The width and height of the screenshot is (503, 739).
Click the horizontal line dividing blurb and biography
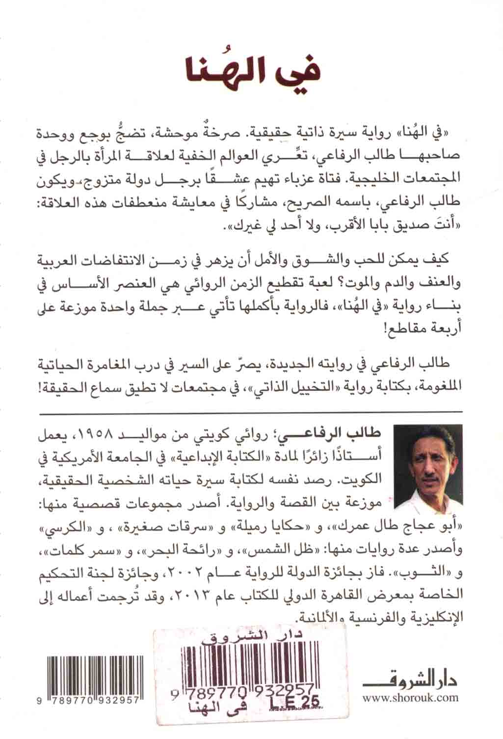click(x=251, y=411)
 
